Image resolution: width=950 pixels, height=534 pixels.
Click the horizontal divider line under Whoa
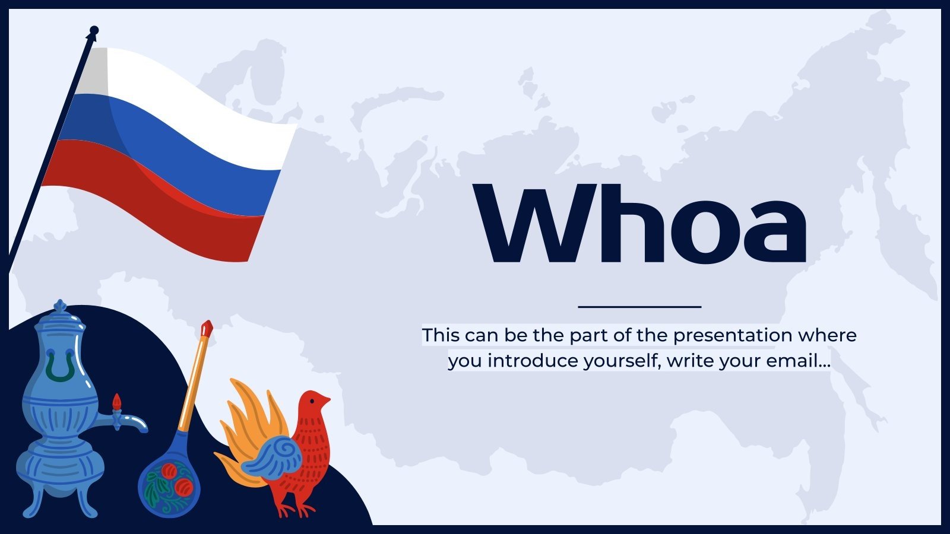point(639,307)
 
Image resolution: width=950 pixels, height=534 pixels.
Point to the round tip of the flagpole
point(94,30)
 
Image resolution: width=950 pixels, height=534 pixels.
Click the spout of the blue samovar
point(134,422)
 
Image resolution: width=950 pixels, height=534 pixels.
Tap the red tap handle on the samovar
point(117,402)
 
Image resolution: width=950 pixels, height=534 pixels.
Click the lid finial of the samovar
point(60,307)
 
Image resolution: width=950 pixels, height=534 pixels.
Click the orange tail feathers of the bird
point(249,415)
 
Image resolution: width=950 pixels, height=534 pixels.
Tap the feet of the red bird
point(297,509)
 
